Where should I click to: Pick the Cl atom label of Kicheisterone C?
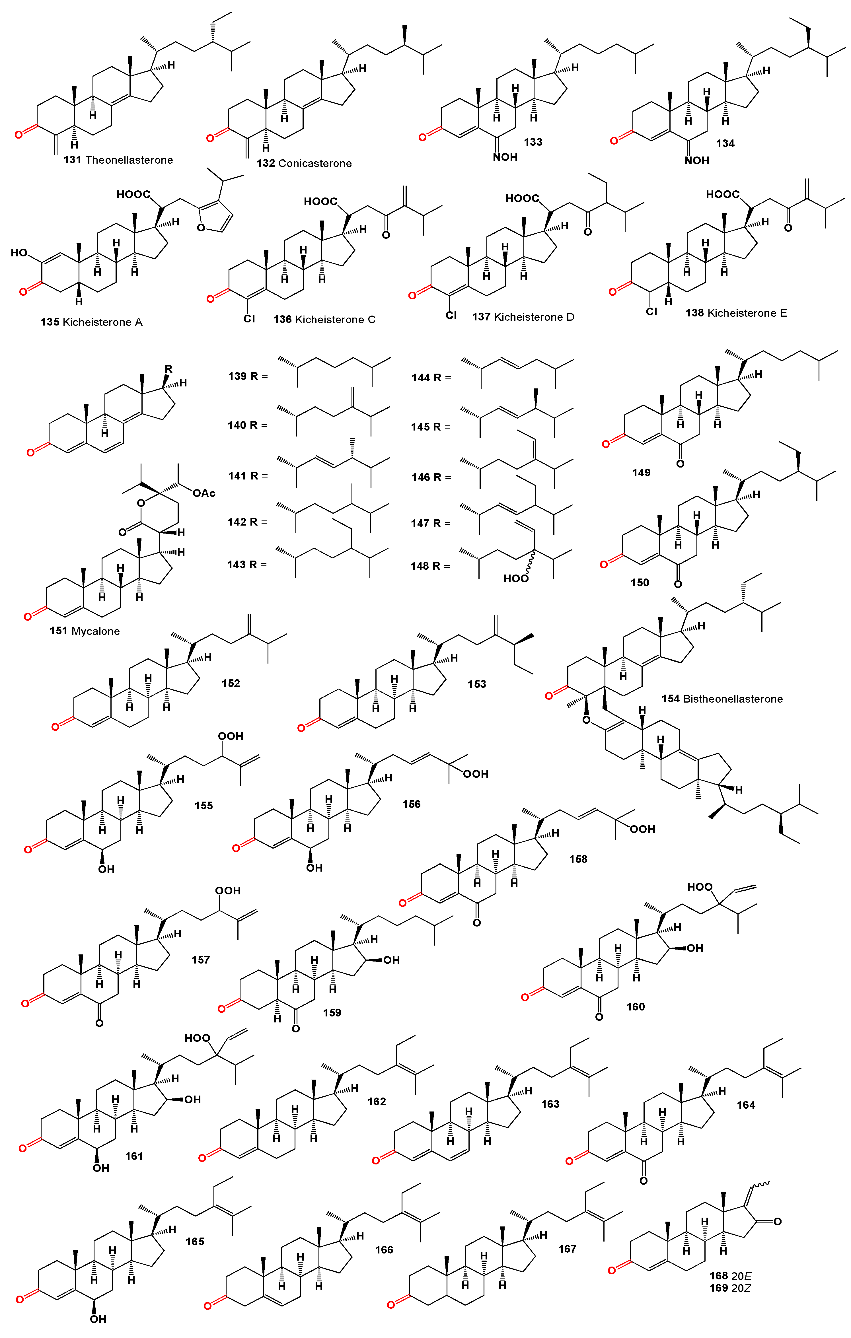click(x=249, y=318)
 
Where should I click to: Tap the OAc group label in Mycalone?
click(x=204, y=493)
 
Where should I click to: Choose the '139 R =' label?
click(x=248, y=376)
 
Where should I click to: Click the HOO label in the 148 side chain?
click(x=515, y=579)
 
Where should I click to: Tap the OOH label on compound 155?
click(x=231, y=736)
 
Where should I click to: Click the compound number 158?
click(x=578, y=859)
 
